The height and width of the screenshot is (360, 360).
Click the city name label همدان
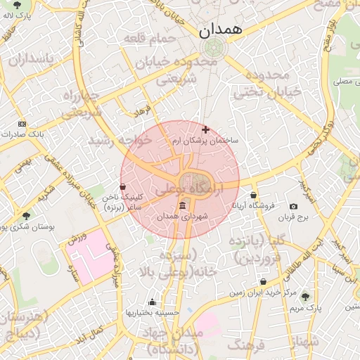point(220,30)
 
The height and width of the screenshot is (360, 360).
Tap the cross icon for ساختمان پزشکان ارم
point(205,129)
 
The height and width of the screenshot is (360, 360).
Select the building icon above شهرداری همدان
point(183,205)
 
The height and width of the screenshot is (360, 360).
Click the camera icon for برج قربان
point(293,207)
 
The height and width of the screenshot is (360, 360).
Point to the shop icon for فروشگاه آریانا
point(253,195)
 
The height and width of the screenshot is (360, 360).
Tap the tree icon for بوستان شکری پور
point(26,216)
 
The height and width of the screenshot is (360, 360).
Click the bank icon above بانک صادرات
point(22,123)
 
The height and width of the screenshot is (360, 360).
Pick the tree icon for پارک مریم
point(304,297)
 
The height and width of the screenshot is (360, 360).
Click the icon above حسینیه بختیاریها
point(152,302)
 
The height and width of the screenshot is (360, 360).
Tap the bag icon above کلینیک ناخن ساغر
point(124,187)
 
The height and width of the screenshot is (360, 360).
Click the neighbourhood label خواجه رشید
point(120,141)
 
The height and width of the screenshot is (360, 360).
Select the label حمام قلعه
point(148,37)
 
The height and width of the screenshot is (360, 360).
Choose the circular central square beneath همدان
point(212,48)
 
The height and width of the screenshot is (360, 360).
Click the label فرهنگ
point(245,345)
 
